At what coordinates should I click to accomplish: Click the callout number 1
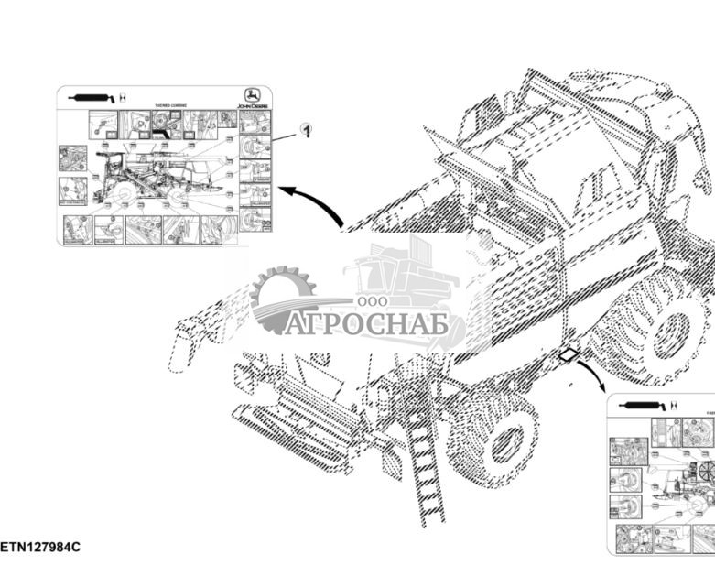(309, 131)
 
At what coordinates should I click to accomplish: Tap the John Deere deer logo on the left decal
(249, 94)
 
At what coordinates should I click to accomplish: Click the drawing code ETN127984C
(40, 547)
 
